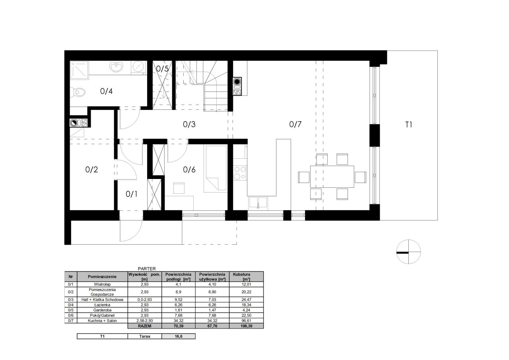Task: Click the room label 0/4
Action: pyautogui.click(x=106, y=91)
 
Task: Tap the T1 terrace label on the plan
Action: pyautogui.click(x=408, y=125)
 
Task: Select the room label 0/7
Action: pyautogui.click(x=295, y=125)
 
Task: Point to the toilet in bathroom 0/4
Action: pyautogui.click(x=78, y=92)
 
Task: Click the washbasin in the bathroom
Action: pyautogui.click(x=117, y=67)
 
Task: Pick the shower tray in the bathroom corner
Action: pyautogui.click(x=79, y=70)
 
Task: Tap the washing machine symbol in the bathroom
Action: pyautogui.click(x=138, y=67)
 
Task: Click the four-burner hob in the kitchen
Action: pyautogui.click(x=240, y=173)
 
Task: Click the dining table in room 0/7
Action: pyautogui.click(x=332, y=177)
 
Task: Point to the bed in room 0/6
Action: pyautogui.click(x=216, y=169)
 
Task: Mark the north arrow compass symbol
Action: pyautogui.click(x=408, y=251)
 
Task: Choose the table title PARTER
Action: pyautogui.click(x=147, y=269)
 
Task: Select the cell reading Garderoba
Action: pyautogui.click(x=102, y=310)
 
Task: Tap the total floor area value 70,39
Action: pyautogui.click(x=179, y=326)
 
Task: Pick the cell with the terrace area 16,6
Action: pyautogui.click(x=179, y=337)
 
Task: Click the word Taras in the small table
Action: pyautogui.click(x=145, y=337)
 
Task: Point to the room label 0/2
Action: pyautogui.click(x=91, y=169)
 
